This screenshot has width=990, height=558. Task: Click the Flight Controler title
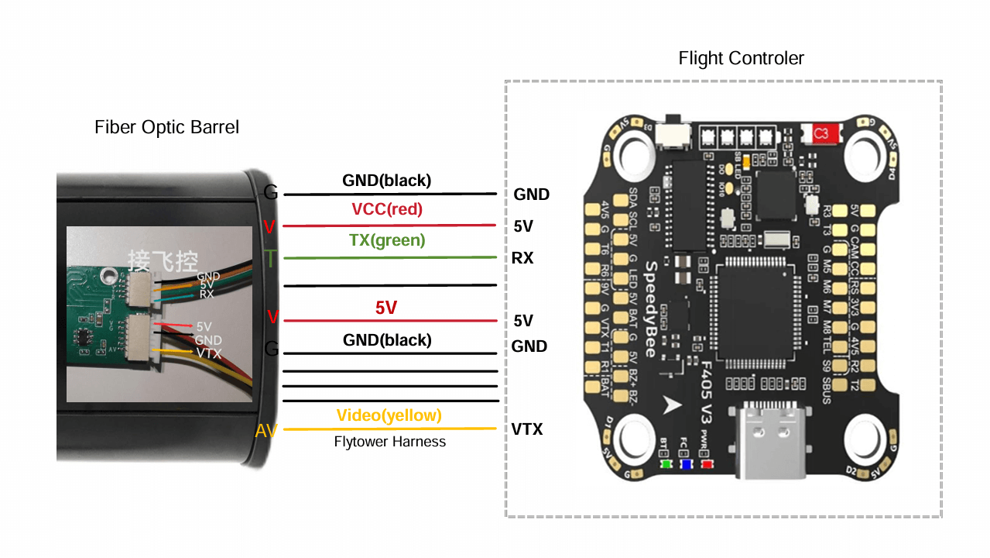(x=741, y=58)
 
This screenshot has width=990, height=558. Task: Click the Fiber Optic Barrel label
(x=166, y=127)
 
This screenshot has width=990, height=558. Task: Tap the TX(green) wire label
(x=387, y=240)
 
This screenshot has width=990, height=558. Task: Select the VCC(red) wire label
(x=387, y=209)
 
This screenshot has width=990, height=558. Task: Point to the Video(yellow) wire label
(x=389, y=415)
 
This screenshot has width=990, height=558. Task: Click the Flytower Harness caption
(x=390, y=442)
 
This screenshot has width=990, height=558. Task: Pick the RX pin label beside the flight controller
(x=522, y=258)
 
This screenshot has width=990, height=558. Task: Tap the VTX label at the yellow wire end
(x=526, y=429)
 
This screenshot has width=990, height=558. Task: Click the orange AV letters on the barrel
(x=266, y=431)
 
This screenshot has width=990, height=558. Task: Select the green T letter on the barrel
(x=270, y=258)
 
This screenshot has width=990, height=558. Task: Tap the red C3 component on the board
(x=821, y=134)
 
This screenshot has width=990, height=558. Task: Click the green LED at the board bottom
(x=666, y=465)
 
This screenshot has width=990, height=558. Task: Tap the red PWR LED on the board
(x=707, y=465)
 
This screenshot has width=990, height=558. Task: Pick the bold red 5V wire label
(x=386, y=308)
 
